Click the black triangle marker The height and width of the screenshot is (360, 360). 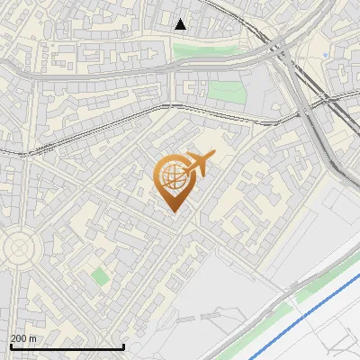pos(181,24)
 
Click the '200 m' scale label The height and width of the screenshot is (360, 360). pos(23,338)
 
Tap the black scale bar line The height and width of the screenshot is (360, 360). pos(67,346)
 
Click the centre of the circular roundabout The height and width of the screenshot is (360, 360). pos(18,246)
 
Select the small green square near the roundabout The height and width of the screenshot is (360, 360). pos(98,276)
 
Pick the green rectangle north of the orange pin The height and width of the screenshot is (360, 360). pos(226,92)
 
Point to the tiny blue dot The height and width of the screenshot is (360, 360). pos(325,56)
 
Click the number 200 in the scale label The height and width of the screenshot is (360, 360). pos(19,338)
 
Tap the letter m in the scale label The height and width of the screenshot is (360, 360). pos(32,338)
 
